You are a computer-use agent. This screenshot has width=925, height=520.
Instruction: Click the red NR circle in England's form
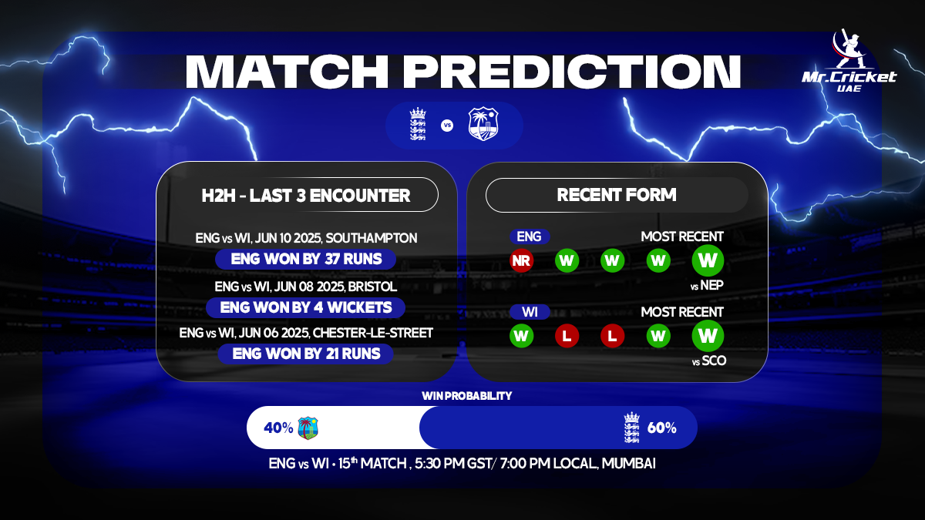click(522, 260)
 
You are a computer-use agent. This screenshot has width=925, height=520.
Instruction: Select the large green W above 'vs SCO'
click(707, 336)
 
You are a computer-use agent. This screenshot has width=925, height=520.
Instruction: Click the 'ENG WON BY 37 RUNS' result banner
click(305, 259)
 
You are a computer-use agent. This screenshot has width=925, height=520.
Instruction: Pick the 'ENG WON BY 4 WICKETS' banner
click(305, 307)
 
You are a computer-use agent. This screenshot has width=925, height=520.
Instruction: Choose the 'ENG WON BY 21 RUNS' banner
click(305, 354)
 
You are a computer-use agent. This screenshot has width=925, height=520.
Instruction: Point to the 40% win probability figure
click(277, 428)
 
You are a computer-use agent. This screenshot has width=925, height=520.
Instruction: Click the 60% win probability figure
click(661, 428)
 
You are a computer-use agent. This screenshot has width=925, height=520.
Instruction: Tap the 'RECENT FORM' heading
click(617, 195)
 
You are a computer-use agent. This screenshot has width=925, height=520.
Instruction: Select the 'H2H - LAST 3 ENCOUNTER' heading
click(305, 195)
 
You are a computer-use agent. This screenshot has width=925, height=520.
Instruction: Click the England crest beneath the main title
click(417, 125)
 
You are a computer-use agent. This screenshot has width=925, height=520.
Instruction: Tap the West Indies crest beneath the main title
click(483, 125)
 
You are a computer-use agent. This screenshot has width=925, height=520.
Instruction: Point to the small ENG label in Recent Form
click(529, 237)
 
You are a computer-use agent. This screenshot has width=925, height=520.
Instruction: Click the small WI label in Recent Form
click(529, 312)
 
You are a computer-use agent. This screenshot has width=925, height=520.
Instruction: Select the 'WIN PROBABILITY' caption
click(466, 395)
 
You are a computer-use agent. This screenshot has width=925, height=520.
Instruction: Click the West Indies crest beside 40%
click(308, 428)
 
